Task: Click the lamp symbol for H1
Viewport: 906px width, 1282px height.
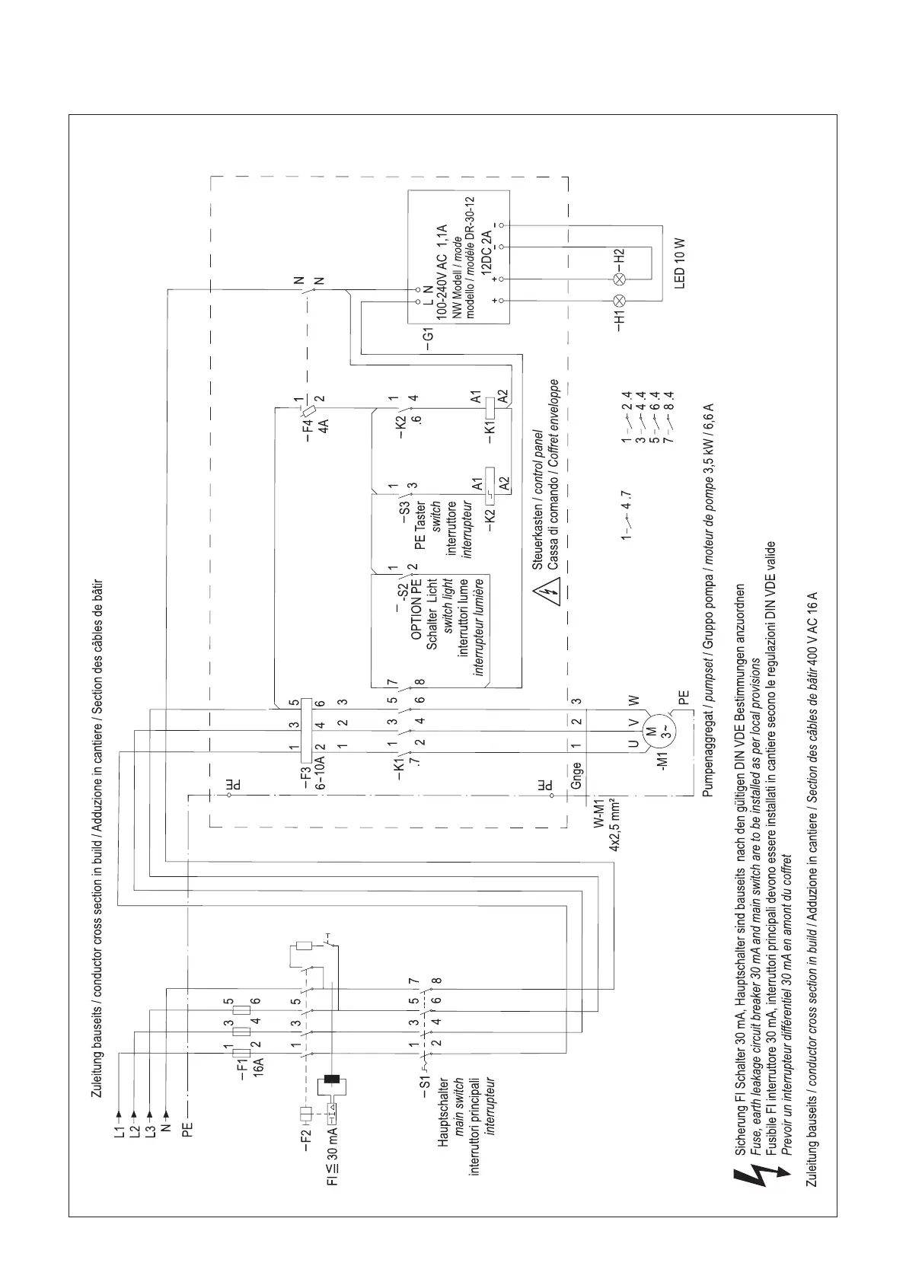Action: click(619, 299)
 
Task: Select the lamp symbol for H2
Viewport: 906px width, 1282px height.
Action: click(619, 279)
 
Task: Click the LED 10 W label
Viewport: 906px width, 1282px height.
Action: click(680, 262)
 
